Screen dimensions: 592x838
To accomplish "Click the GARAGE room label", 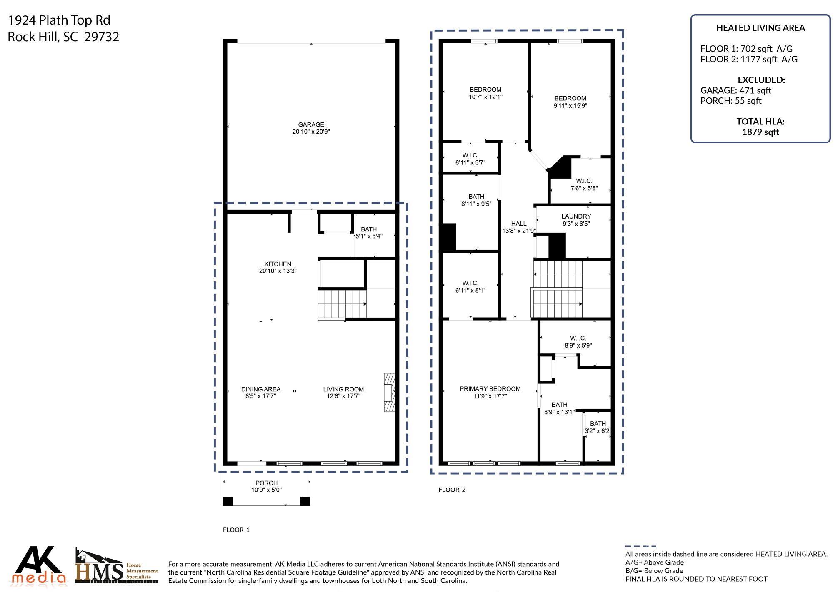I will [x=311, y=124].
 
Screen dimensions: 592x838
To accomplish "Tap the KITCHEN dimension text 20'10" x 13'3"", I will [x=278, y=271].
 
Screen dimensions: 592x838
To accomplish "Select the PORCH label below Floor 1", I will [x=266, y=483].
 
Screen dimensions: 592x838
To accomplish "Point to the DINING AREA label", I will [x=261, y=389].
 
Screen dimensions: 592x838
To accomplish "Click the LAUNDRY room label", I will [x=576, y=216].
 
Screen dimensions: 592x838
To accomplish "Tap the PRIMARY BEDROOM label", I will [x=490, y=389].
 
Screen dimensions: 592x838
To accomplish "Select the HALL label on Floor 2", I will [x=518, y=224].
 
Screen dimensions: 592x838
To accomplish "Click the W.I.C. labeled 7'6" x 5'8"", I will [x=584, y=184].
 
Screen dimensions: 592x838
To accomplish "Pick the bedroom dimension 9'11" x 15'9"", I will [x=570, y=106].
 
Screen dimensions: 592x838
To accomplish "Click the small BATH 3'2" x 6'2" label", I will [x=598, y=428].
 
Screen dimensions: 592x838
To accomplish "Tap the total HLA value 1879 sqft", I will [x=760, y=132].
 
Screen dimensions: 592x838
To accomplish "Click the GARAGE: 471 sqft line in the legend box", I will [x=735, y=90].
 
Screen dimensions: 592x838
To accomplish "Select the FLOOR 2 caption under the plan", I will [x=452, y=490].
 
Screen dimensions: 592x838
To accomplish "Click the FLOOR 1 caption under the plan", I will [x=236, y=530].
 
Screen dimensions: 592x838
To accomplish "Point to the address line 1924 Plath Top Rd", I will [x=59, y=20].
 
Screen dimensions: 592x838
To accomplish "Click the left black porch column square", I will [x=228, y=501].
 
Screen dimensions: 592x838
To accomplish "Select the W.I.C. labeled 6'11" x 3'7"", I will [x=470, y=159].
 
